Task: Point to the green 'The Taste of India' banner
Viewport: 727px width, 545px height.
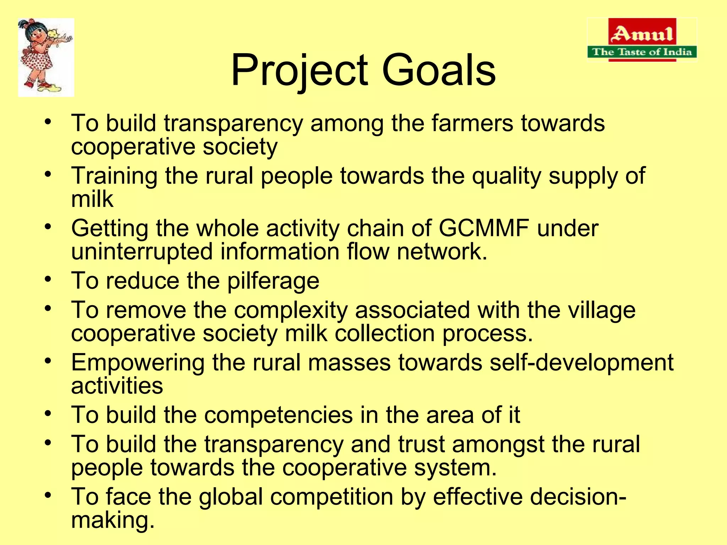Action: [x=642, y=52]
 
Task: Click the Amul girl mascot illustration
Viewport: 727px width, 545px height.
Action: [x=46, y=57]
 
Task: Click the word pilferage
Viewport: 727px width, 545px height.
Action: [x=273, y=281]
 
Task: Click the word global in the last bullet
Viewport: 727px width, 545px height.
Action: [x=231, y=496]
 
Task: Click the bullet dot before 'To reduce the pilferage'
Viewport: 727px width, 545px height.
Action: [x=49, y=279]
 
